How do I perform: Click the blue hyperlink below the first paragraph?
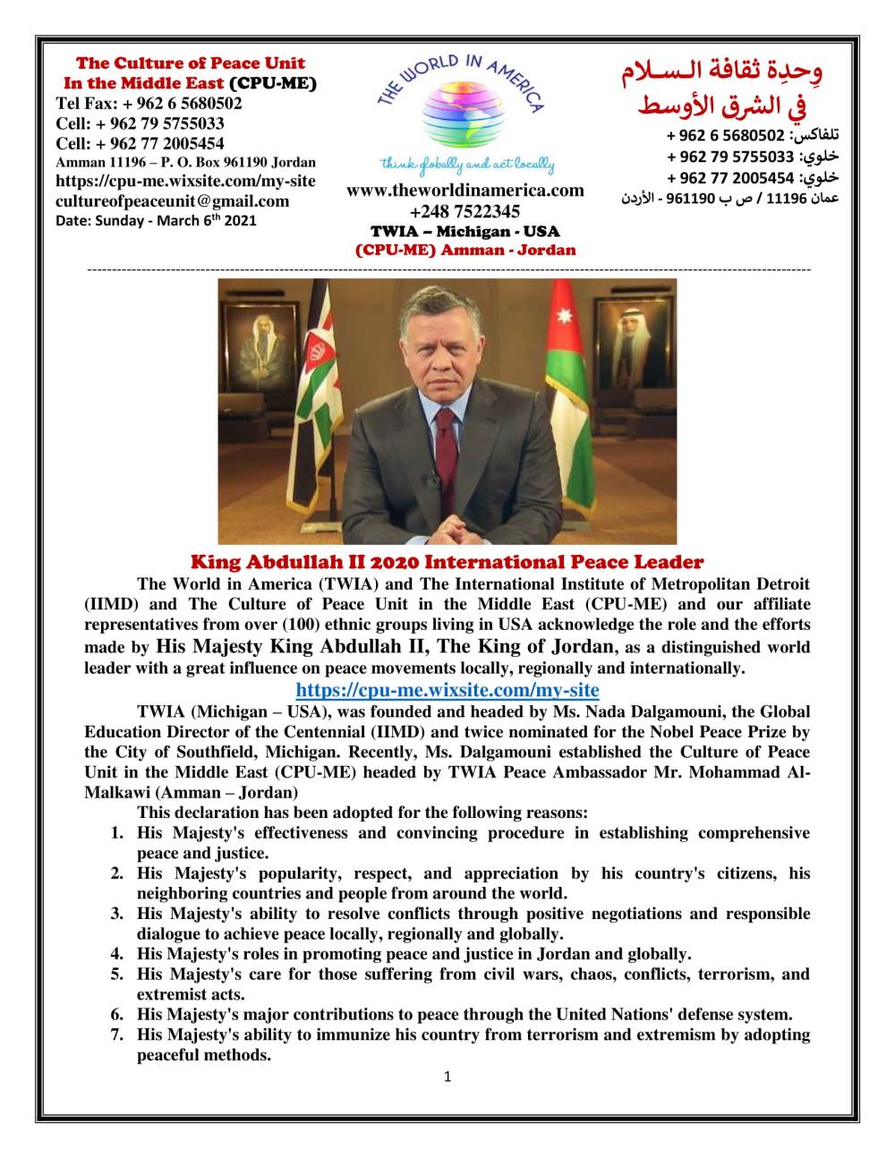click(x=447, y=690)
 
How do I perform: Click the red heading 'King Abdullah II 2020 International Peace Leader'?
click(x=447, y=562)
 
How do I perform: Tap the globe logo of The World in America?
click(x=462, y=116)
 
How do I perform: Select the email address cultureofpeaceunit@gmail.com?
click(x=172, y=200)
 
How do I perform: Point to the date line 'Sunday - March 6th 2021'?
click(x=156, y=220)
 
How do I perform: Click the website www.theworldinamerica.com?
click(x=465, y=190)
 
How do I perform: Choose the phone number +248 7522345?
click(x=465, y=211)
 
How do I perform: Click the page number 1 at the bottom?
click(x=447, y=1077)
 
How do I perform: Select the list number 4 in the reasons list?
click(x=117, y=954)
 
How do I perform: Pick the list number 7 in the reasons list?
click(x=117, y=1035)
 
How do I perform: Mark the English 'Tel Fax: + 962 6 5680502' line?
click(x=149, y=103)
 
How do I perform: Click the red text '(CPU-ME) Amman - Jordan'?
click(x=465, y=250)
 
